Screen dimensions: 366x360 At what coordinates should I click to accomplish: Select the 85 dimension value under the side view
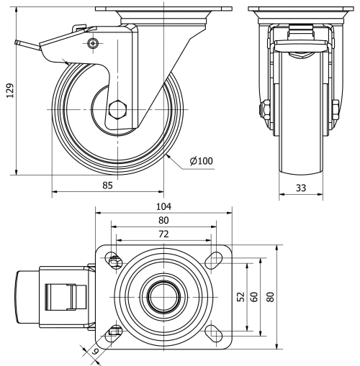coord(107,185)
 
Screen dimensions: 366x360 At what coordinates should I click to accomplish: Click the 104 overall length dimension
coord(163,206)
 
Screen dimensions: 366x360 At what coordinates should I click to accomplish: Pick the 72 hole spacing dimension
coord(163,234)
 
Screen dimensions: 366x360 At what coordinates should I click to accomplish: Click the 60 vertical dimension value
coord(253,296)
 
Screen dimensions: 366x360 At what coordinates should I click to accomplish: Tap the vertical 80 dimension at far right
coord(272,296)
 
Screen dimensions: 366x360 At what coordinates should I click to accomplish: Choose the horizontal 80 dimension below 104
coord(163,220)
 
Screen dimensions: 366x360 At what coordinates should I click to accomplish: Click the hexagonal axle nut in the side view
coord(117,111)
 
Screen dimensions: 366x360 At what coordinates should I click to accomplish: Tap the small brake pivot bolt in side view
coord(93,45)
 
